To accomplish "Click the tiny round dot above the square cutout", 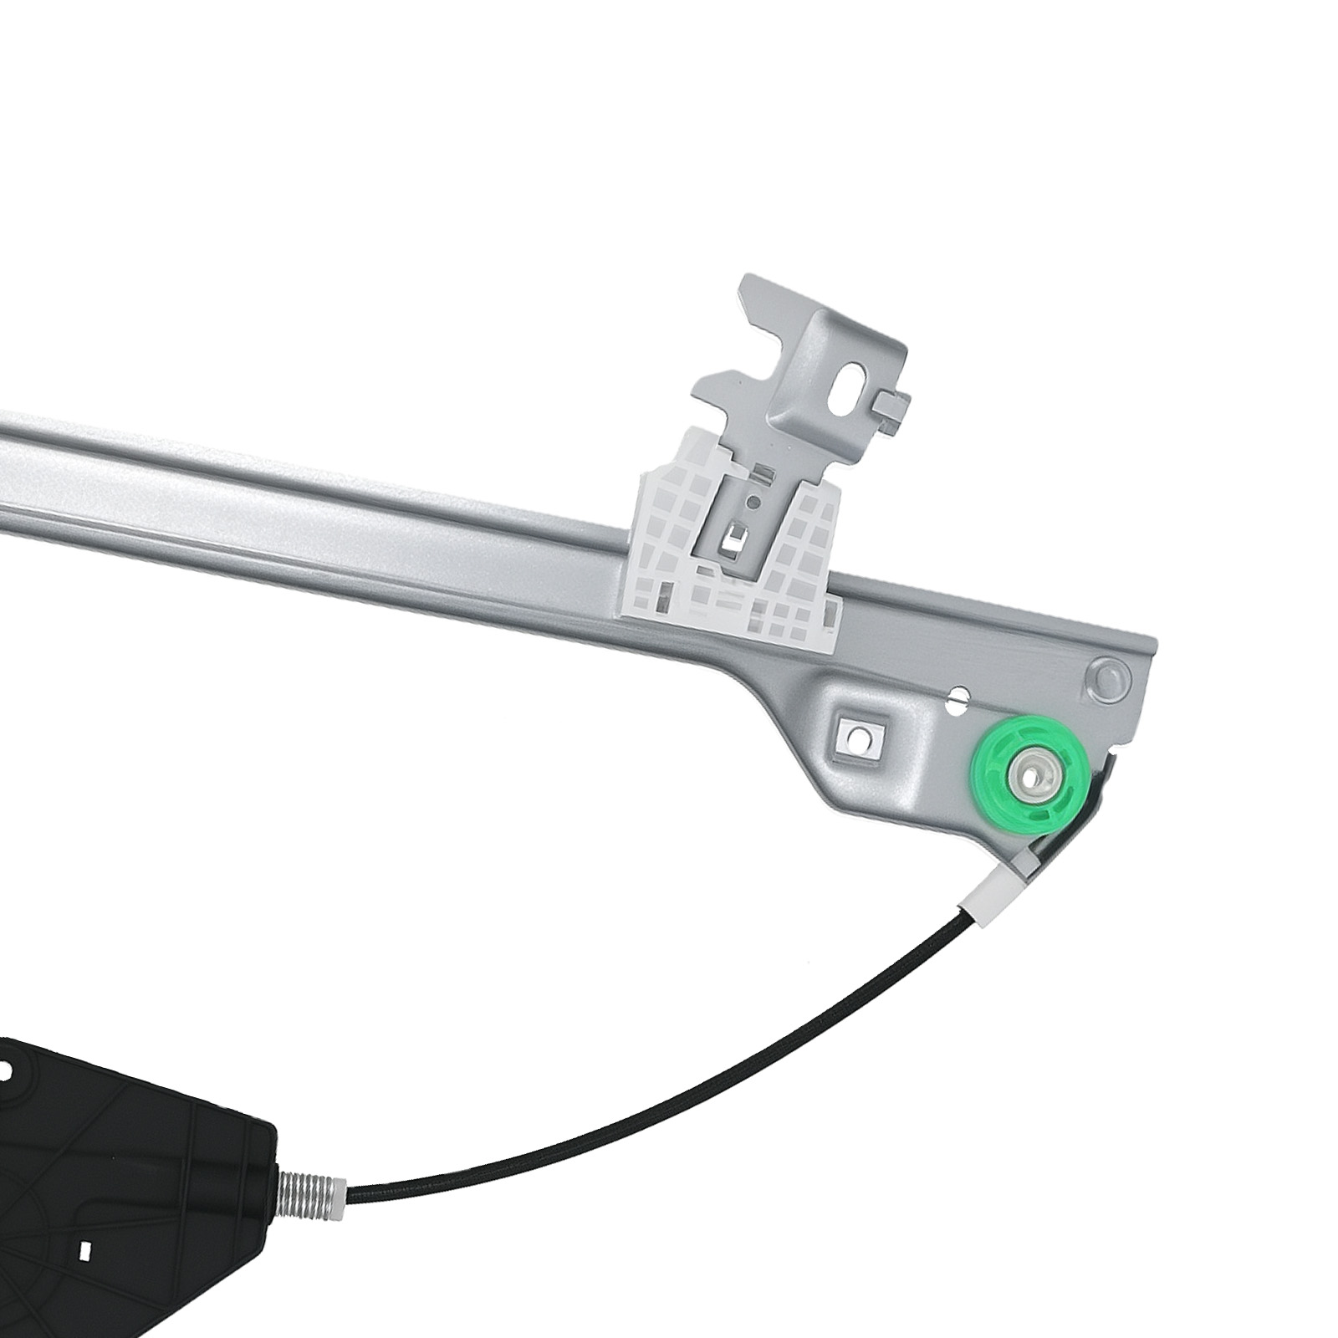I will coord(753,503).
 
